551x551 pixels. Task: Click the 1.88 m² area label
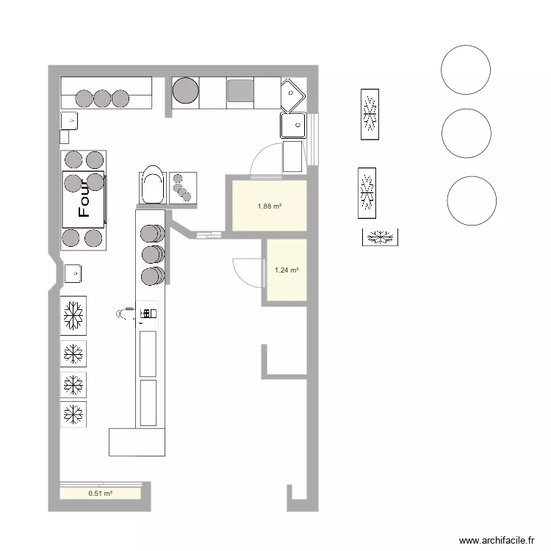click(x=270, y=206)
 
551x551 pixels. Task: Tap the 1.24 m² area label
click(x=287, y=270)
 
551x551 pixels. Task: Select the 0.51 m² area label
click(x=101, y=494)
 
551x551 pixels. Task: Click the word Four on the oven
click(x=84, y=198)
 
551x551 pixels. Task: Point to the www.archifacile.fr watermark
click(x=497, y=540)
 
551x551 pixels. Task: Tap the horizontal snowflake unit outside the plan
click(x=381, y=237)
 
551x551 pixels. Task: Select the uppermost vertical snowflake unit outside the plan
click(x=370, y=115)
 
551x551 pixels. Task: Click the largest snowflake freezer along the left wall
click(x=73, y=316)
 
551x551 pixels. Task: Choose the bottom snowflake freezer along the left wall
click(x=73, y=414)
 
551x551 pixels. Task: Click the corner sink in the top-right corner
click(x=292, y=96)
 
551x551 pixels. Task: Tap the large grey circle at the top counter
click(x=186, y=90)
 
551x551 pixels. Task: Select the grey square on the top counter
click(x=240, y=90)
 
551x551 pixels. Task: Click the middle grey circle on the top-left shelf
click(x=102, y=98)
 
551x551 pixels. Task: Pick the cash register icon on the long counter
click(x=148, y=314)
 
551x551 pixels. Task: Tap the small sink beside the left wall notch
click(x=73, y=274)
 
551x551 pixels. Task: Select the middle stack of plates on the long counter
click(x=153, y=254)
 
